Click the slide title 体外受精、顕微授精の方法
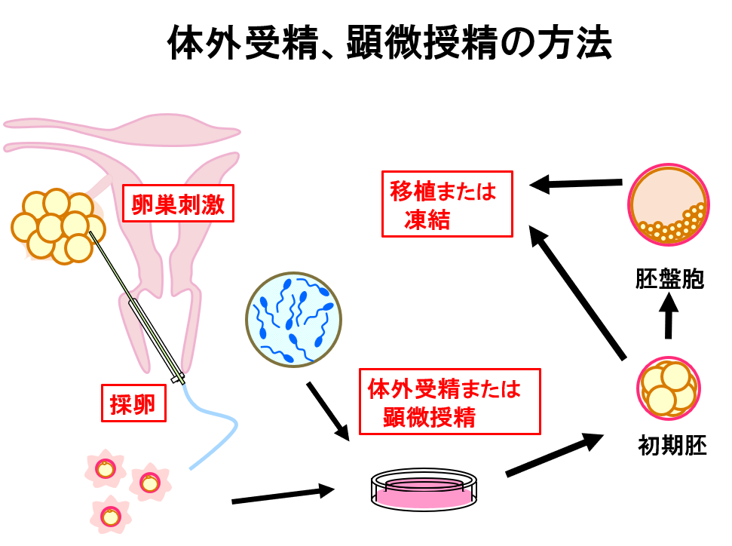[x=388, y=44]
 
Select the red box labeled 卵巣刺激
[x=178, y=204]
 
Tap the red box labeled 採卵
[x=133, y=403]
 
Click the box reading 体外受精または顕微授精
[x=450, y=401]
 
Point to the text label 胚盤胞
[x=669, y=279]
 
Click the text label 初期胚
[x=672, y=446]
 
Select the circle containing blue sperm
[x=294, y=319]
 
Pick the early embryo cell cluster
[x=669, y=389]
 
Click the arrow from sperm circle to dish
[x=328, y=412]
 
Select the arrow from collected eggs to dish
[x=283, y=495]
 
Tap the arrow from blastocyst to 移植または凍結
[x=576, y=183]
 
